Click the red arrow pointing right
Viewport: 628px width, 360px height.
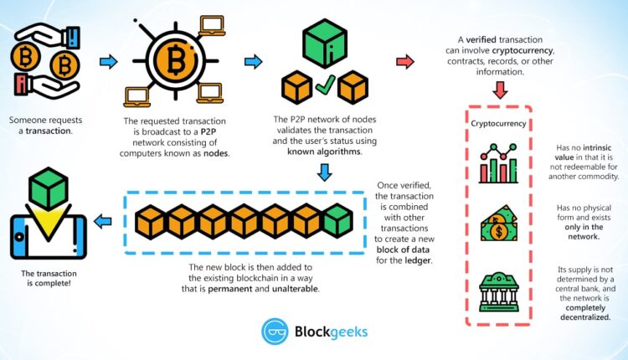coord(404,61)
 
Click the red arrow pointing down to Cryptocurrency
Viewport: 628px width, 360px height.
coord(500,90)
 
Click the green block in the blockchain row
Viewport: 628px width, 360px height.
coord(337,221)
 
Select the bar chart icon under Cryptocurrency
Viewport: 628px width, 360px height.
coord(499,162)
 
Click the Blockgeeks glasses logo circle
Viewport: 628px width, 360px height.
coord(275,332)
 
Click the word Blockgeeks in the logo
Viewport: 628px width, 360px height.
coord(332,332)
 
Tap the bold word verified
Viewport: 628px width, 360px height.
coord(486,39)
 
